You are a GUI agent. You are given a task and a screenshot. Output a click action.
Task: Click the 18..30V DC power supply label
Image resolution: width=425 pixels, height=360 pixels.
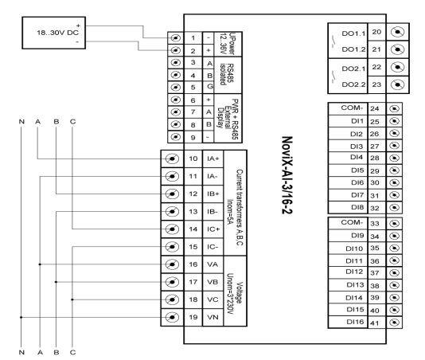pos(58,33)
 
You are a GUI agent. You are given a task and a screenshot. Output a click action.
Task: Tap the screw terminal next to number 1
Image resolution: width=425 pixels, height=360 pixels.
pos(176,38)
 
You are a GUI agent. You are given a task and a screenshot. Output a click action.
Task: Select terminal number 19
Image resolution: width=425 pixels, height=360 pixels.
pos(193,317)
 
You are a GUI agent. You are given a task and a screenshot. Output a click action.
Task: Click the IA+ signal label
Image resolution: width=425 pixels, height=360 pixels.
pos(213,158)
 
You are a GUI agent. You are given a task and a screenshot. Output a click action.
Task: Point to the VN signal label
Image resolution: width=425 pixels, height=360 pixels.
pos(212,317)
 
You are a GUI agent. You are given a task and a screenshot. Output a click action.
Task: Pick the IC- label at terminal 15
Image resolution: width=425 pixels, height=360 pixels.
pos(212,247)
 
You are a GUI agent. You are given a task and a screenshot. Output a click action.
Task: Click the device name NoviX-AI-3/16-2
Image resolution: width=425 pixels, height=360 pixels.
pos(287,175)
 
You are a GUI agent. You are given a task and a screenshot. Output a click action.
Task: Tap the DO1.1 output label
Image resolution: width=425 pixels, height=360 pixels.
pos(353,33)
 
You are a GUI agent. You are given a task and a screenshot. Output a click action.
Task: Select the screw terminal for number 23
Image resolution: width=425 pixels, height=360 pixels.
pos(398,84)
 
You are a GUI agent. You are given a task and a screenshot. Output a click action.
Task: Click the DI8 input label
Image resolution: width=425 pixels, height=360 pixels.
pos(357,207)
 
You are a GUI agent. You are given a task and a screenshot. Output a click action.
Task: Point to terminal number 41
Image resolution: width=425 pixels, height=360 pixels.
pos(375,323)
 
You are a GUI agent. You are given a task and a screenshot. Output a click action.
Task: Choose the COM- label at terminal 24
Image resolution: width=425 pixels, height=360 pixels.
pos(352,108)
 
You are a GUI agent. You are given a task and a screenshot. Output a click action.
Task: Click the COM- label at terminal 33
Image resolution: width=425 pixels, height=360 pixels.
pos(352,222)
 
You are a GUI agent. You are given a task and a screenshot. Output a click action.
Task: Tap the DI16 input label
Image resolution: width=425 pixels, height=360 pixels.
pos(355,322)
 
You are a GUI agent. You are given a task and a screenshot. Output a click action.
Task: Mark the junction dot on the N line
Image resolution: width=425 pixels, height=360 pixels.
pos(21,317)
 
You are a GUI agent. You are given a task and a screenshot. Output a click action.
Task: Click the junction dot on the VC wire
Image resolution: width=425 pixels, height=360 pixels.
pos(72,299)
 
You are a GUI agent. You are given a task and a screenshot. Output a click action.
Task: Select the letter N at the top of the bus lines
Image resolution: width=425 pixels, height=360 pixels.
pos(21,122)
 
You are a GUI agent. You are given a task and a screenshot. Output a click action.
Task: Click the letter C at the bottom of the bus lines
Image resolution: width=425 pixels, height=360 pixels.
pos(72,352)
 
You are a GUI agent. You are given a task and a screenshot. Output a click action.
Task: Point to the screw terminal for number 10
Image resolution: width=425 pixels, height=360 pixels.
pos(172,158)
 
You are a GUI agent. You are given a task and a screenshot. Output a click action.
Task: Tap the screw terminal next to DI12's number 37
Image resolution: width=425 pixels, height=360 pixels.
pos(395,272)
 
